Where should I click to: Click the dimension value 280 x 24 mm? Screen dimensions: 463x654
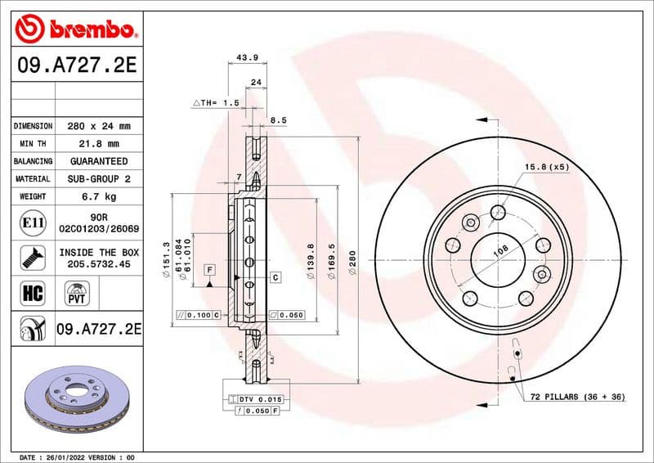98,127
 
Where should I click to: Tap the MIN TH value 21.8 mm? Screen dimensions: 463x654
98,144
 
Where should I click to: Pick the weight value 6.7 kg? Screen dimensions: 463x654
98,196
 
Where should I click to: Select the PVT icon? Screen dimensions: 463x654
78,293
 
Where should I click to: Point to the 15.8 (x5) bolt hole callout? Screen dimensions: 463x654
547,168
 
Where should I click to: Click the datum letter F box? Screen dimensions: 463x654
210,269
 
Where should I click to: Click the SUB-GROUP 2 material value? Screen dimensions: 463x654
98,178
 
